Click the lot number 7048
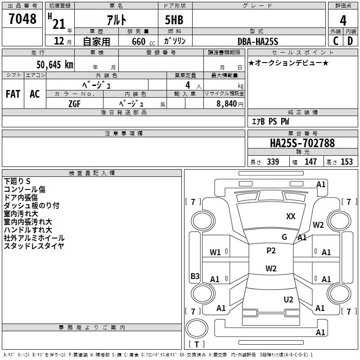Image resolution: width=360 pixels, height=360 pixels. pyautogui.click(x=22, y=18)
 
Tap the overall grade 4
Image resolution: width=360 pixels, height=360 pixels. pyautogui.click(x=343, y=20)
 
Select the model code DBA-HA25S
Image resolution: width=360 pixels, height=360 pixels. pyautogui.click(x=258, y=41)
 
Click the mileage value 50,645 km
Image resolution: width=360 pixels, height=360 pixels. pyautogui.click(x=55, y=64)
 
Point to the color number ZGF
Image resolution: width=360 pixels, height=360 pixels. pyautogui.click(x=75, y=104)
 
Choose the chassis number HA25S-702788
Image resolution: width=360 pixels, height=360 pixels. pyautogui.click(x=302, y=143)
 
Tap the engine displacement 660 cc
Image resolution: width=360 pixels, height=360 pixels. pyautogui.click(x=143, y=41)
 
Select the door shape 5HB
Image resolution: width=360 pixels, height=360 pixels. pyautogui.click(x=174, y=20)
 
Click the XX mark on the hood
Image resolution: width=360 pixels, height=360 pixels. pyautogui.click(x=291, y=216)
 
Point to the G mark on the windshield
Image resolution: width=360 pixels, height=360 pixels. pyautogui.click(x=284, y=237)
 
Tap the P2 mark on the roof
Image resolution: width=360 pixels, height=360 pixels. pyautogui.click(x=271, y=250)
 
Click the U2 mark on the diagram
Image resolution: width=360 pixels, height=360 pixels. pyautogui.click(x=288, y=299)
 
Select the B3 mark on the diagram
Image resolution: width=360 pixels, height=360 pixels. pyautogui.click(x=195, y=276)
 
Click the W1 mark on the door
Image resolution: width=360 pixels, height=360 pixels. pyautogui.click(x=215, y=252)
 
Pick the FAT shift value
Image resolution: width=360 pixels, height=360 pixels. pyautogui.click(x=13, y=94)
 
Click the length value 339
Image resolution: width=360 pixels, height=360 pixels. pyautogui.click(x=273, y=162)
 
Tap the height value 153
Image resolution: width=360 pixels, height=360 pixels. pyautogui.click(x=346, y=162)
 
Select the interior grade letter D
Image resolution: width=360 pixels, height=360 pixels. pyautogui.click(x=350, y=41)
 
